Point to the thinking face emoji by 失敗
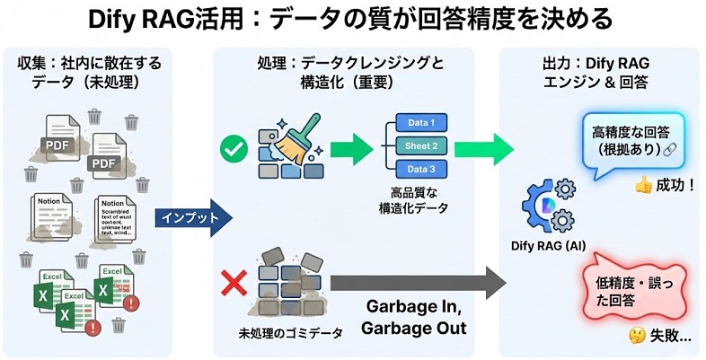[639, 337]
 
